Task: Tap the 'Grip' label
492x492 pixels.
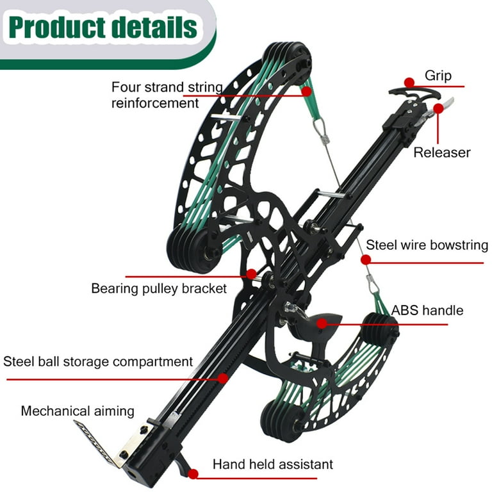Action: click(438, 76)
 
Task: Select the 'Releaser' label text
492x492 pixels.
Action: click(441, 152)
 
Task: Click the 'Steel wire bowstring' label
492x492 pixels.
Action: click(427, 245)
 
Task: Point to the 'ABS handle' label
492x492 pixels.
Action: click(428, 311)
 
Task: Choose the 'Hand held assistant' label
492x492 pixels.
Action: click(273, 464)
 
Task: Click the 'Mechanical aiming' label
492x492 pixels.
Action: click(78, 411)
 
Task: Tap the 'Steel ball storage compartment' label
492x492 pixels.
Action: click(98, 361)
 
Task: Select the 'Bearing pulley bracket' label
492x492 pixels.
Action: click(159, 288)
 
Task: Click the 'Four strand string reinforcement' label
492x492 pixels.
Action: click(167, 95)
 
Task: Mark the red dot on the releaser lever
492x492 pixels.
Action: click(439, 108)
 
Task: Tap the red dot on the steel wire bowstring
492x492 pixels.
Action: click(366, 260)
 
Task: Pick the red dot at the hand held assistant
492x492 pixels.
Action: click(193, 473)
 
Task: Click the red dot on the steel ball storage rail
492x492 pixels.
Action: click(222, 378)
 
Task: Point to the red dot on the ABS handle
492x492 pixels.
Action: click(333, 324)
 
